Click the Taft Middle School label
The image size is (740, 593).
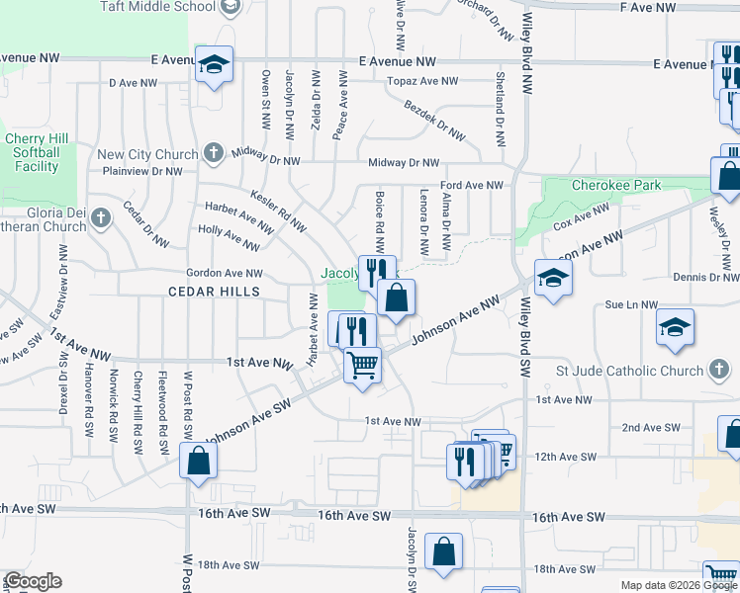coord(157,6)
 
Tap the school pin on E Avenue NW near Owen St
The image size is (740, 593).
coord(214,65)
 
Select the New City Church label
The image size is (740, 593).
coord(148,154)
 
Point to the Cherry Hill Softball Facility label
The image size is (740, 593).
coord(32,153)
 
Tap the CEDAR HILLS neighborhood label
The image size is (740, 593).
coord(214,292)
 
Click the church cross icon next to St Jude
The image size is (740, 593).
coord(720,371)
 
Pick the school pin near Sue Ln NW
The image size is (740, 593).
coord(675,328)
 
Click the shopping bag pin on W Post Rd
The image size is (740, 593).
coord(199,461)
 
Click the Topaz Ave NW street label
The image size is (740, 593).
coord(423,81)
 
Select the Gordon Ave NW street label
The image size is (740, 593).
coord(225,273)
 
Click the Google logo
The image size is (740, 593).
coord(33,581)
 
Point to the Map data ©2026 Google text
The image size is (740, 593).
coord(678,585)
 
